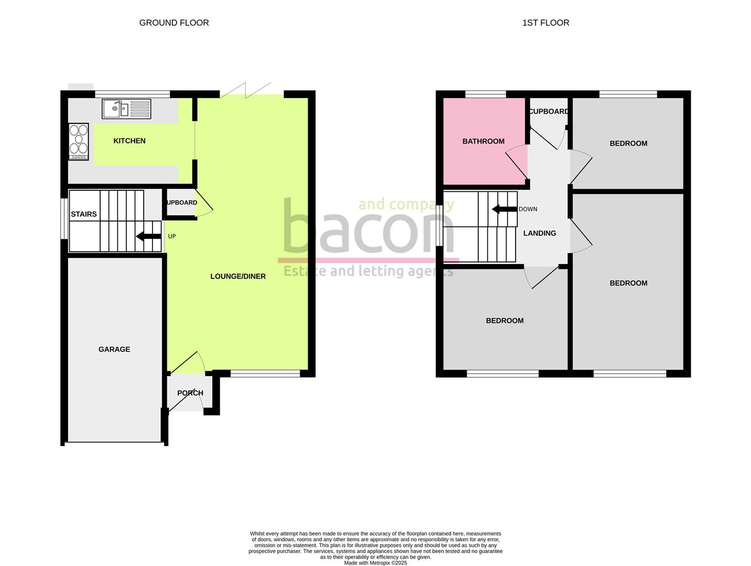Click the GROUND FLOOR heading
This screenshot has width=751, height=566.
click(x=174, y=23)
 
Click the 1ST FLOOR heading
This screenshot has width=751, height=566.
click(x=546, y=23)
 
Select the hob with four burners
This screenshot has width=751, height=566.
click(x=79, y=141)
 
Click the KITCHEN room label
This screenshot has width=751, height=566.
click(x=129, y=141)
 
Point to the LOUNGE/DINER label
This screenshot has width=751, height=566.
click(x=238, y=276)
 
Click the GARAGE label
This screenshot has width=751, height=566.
click(x=114, y=349)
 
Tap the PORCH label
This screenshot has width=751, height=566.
click(x=190, y=393)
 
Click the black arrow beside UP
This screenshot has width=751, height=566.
click(x=149, y=236)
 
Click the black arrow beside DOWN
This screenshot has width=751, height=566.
click(x=504, y=209)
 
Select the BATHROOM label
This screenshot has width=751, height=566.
click(x=483, y=141)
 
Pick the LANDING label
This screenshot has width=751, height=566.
click(x=539, y=233)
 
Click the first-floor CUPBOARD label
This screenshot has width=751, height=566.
click(x=549, y=112)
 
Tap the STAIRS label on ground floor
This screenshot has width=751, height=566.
click(x=84, y=214)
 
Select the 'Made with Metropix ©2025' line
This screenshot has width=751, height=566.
click(x=375, y=563)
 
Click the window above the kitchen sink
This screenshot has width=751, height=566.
click(x=133, y=94)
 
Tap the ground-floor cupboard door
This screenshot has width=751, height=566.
click(x=203, y=209)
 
